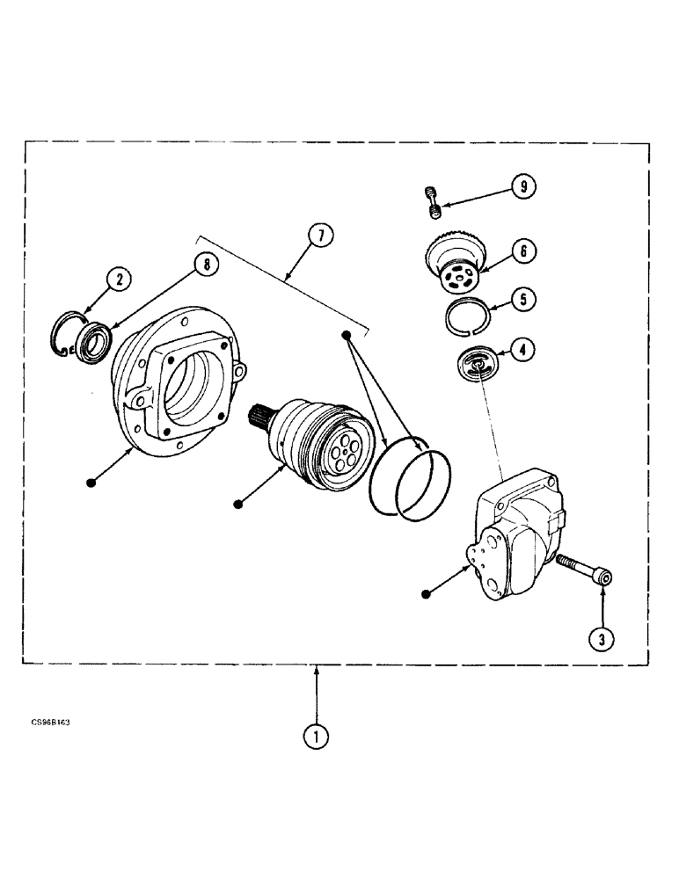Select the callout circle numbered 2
click(x=119, y=280)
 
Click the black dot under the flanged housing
click(x=91, y=481)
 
